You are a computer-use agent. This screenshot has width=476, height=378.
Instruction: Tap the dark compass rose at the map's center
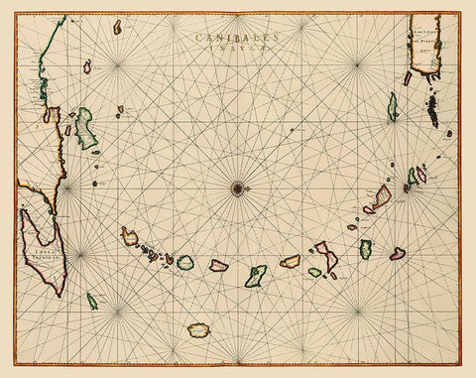pos(238,186)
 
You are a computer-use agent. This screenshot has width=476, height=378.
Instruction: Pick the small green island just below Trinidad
pos(91,300)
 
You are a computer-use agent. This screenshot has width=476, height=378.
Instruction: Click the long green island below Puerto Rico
pos(393,106)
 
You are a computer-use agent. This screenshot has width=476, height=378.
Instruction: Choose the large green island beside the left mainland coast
pos(86,128)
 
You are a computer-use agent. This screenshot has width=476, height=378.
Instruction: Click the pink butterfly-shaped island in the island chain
pos(325,259)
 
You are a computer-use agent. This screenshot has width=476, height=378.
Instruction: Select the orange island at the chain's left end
pos(130,236)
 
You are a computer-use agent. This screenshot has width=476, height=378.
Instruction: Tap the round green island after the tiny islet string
pos(184,261)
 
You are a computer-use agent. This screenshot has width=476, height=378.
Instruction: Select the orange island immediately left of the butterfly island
pos(290,262)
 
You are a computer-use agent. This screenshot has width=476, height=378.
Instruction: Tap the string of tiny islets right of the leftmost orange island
pos(154,252)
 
